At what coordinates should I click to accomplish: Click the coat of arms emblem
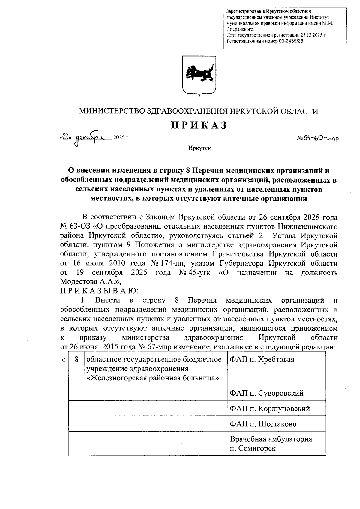coord(199,75)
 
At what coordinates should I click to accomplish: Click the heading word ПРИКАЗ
coord(199,125)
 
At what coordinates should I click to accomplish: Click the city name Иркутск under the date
coord(199,148)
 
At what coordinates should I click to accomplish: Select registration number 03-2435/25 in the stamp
coord(291,41)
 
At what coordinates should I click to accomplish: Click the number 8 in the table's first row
coord(77,359)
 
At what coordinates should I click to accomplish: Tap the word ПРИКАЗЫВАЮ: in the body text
coord(99,291)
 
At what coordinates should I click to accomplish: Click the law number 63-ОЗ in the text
coord(79,226)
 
